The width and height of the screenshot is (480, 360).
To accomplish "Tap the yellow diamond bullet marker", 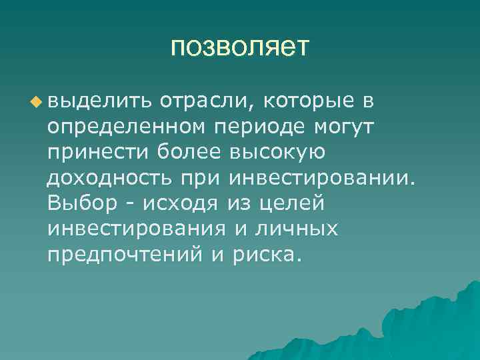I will point(36,101).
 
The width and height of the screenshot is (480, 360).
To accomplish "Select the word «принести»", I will point(99,153).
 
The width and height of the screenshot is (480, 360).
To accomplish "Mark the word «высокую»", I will point(276,153).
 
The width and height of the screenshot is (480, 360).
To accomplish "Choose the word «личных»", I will point(293,229).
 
